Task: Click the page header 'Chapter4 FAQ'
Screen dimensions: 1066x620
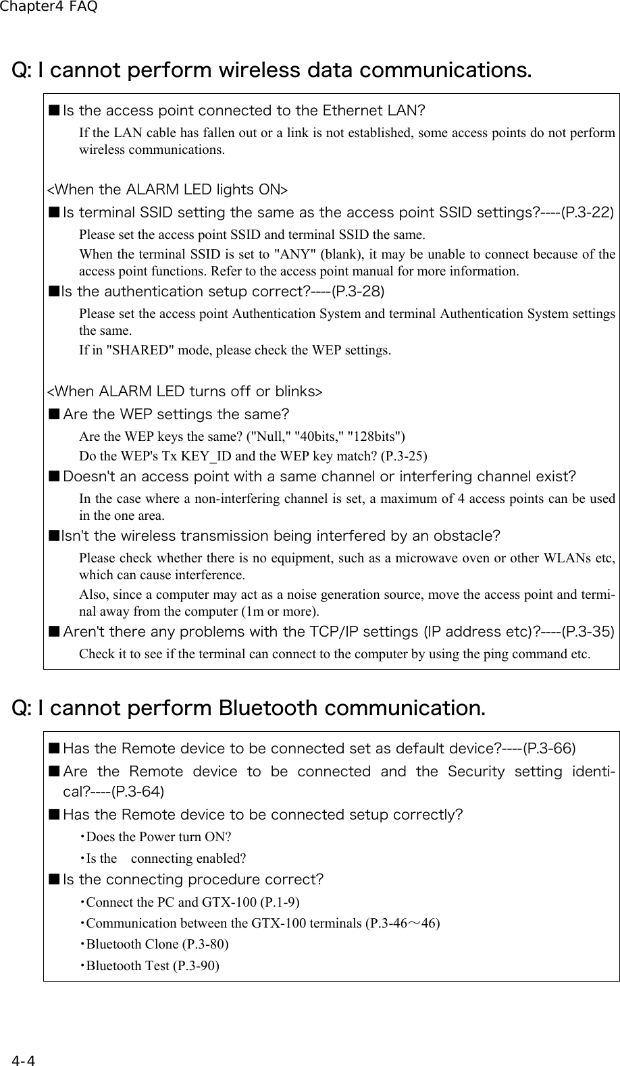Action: click(x=49, y=7)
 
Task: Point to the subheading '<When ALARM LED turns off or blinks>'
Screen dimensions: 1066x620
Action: click(x=184, y=392)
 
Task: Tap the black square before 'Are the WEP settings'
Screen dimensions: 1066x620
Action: click(x=53, y=414)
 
